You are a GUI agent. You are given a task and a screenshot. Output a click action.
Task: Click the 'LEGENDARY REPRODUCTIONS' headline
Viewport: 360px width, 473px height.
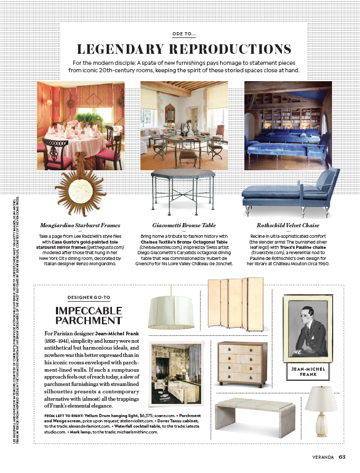[x=184, y=50]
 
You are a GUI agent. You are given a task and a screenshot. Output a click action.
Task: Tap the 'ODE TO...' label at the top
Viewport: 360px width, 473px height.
[x=184, y=34]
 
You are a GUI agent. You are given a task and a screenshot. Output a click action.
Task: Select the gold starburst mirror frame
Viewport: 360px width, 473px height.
[x=81, y=179]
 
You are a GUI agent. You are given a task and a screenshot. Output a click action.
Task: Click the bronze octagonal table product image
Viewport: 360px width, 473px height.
[x=183, y=191]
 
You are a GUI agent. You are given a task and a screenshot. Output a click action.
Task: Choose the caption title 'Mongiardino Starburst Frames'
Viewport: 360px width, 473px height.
[x=80, y=225]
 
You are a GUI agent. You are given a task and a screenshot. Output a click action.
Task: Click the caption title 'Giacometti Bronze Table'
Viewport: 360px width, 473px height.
[x=183, y=225]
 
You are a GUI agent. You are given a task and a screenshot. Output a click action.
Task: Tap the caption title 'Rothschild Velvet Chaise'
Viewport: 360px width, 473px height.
[x=288, y=225]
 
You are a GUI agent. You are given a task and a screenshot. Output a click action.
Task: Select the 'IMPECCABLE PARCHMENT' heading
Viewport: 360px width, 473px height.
[x=89, y=315]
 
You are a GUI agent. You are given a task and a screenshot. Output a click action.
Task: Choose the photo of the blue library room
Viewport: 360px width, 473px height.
[x=288, y=125]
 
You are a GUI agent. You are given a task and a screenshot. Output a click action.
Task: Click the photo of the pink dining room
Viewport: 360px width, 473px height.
[x=80, y=125]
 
